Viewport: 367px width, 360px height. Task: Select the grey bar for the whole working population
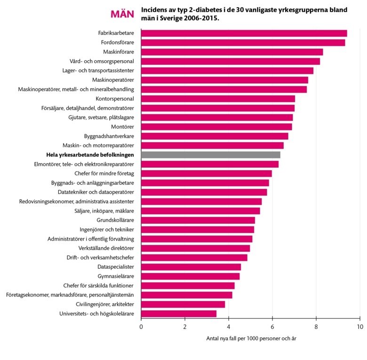[x=210, y=155]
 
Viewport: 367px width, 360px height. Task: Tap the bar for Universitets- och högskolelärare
[x=179, y=313]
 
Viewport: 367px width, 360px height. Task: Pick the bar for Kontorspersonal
[x=218, y=99]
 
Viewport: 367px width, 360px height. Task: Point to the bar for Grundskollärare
[x=198, y=220]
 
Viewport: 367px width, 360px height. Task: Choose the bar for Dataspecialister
[x=191, y=267]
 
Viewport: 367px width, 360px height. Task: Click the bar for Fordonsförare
[x=243, y=42]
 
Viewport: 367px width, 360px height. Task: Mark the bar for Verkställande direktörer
[x=195, y=248]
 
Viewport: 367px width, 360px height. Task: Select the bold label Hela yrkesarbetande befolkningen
[x=90, y=155]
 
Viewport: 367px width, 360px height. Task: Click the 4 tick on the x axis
[x=229, y=326]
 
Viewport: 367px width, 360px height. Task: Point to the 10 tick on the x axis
[x=359, y=326]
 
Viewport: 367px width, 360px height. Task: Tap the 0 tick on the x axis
[x=141, y=326]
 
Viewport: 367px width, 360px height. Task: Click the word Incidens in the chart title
[x=156, y=10]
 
